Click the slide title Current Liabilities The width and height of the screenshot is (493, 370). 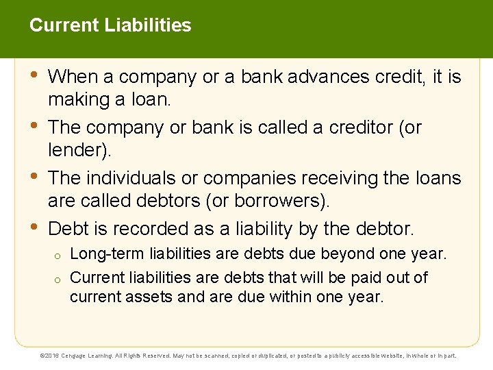pyautogui.click(x=110, y=26)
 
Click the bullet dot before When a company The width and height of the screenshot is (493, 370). pyautogui.click(x=35, y=75)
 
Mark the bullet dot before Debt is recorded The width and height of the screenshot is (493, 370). pyautogui.click(x=35, y=226)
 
